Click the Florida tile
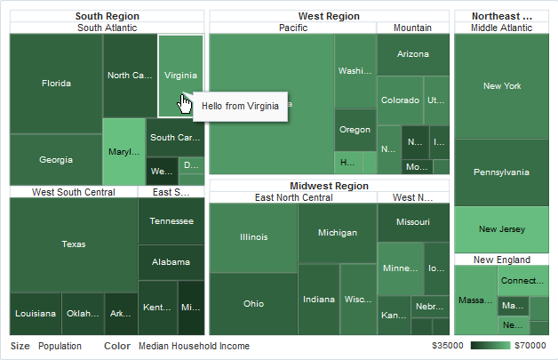[56, 84]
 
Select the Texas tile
[74, 244]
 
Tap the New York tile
[502, 86]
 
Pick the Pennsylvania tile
[502, 172]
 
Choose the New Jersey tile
[502, 229]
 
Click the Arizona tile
[413, 54]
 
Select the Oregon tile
[355, 130]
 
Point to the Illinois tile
[253, 237]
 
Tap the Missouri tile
[413, 221]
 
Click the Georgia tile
[56, 160]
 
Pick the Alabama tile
[171, 262]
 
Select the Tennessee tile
[171, 221]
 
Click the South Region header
[107, 16]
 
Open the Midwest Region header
[329, 186]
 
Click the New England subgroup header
[502, 260]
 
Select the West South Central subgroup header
[73, 192]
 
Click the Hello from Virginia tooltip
[240, 106]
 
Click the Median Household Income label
[194, 346]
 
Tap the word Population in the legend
[60, 346]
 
